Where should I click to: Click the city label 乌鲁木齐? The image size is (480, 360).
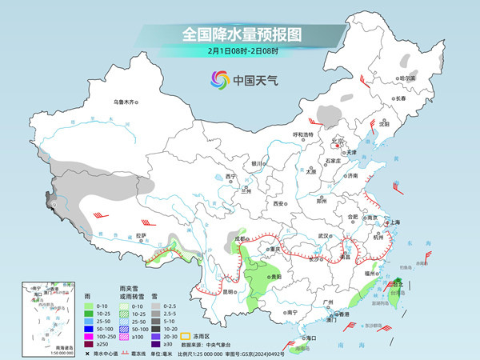click(x=125, y=102)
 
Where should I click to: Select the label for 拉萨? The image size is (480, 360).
click(x=142, y=235)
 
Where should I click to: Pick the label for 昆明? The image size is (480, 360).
click(x=230, y=291)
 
